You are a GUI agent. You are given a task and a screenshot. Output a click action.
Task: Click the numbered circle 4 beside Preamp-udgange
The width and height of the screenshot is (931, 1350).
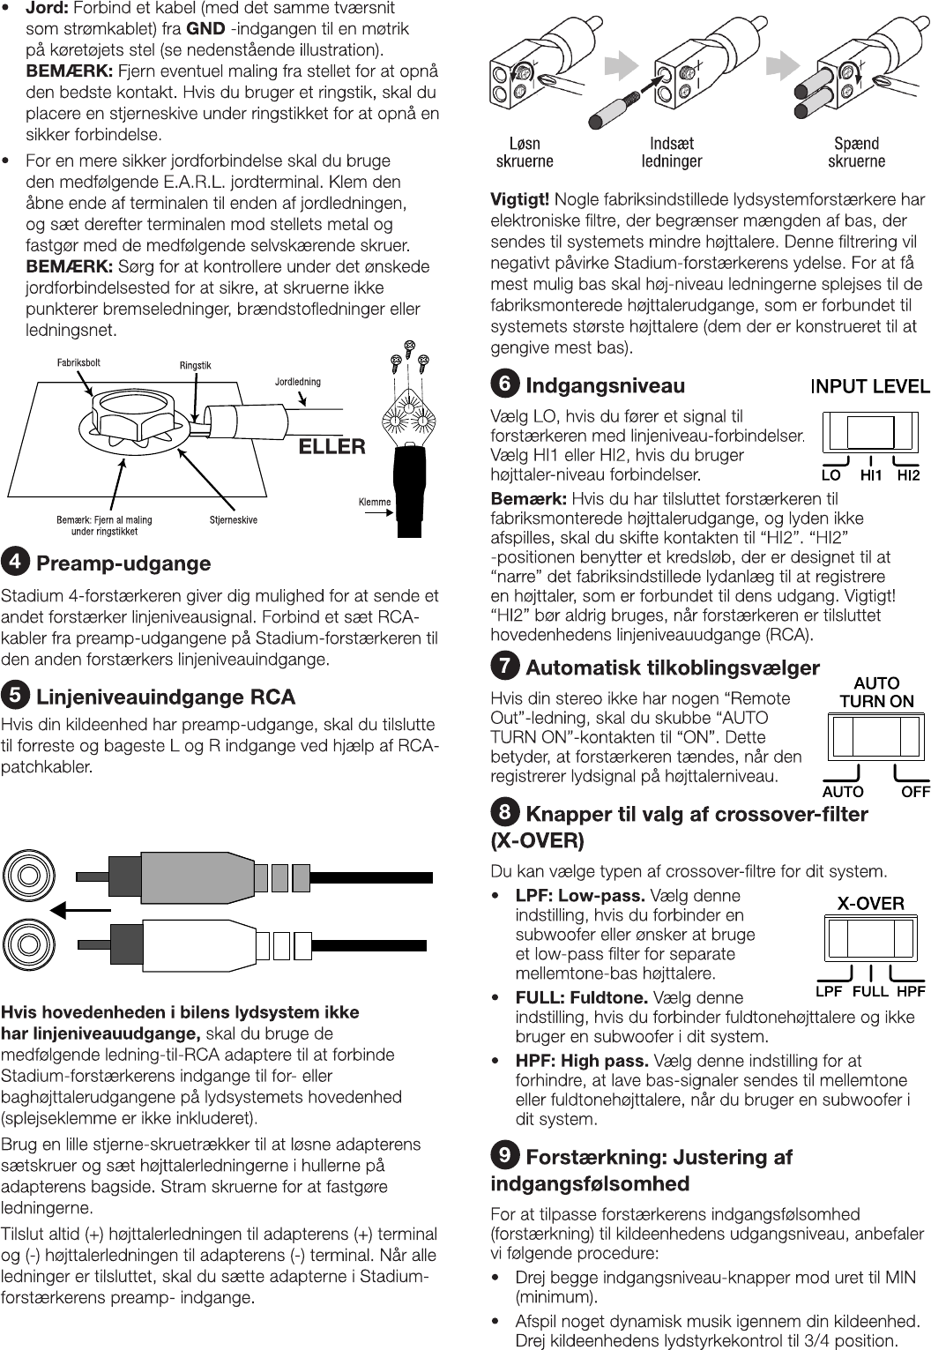coord(14,562)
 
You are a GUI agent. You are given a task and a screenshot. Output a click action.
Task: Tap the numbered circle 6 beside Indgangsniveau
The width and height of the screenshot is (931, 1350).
coord(504,384)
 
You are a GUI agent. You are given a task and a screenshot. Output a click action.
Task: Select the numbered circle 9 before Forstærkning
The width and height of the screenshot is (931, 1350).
coord(504,1155)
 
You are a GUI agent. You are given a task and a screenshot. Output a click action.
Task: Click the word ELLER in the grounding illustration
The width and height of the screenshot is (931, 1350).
coord(331,446)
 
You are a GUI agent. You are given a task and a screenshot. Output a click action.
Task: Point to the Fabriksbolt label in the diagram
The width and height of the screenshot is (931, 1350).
coord(78,362)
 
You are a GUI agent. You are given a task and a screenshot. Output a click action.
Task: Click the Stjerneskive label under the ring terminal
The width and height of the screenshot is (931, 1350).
coord(234,519)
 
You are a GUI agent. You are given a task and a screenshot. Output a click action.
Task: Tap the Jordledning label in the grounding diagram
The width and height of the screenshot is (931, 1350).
coord(298,382)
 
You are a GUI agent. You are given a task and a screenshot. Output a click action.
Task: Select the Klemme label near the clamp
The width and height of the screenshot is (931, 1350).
coord(375,502)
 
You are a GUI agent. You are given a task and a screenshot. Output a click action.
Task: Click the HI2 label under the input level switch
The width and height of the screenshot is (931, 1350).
coord(908,475)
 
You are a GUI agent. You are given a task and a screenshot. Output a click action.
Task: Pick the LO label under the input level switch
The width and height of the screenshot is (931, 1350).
coord(830,475)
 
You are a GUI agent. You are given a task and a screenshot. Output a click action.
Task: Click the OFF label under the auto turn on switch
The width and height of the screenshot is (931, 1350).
coord(915,792)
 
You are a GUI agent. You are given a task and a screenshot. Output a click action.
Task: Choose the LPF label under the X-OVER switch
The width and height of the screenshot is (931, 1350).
coord(829,991)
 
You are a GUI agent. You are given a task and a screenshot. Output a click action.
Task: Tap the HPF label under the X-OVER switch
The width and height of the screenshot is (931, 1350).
coord(911,991)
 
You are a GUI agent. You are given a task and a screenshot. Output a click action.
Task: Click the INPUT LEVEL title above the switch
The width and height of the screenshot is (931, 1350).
coord(869,386)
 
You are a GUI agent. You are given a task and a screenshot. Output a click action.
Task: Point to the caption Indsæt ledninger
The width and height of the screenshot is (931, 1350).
coord(672,152)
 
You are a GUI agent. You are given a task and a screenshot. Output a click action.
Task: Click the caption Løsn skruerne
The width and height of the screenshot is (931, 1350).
coord(525,152)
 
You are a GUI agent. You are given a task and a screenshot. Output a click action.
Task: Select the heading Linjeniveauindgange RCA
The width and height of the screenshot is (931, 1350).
coord(166,697)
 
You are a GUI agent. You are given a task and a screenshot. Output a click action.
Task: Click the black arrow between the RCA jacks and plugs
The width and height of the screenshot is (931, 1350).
coord(80,910)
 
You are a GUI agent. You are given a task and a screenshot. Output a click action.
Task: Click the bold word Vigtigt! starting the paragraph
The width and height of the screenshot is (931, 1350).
coord(520,199)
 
